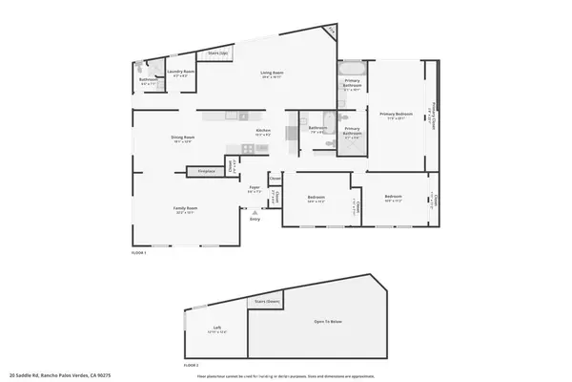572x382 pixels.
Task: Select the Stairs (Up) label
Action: pyautogui.click(x=217, y=53)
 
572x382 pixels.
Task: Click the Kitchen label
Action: pyautogui.click(x=263, y=132)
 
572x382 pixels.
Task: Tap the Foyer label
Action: pyautogui.click(x=255, y=188)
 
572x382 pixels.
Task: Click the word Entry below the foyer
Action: pyautogui.click(x=255, y=220)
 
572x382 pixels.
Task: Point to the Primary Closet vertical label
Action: pyautogui.click(x=434, y=117)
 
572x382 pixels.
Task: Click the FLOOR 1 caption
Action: pyautogui.click(x=139, y=253)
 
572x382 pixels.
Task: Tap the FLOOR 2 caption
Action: pyautogui.click(x=192, y=365)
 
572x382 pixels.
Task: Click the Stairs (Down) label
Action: pyautogui.click(x=266, y=301)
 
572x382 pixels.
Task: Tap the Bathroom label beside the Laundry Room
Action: pyautogui.click(x=149, y=81)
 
